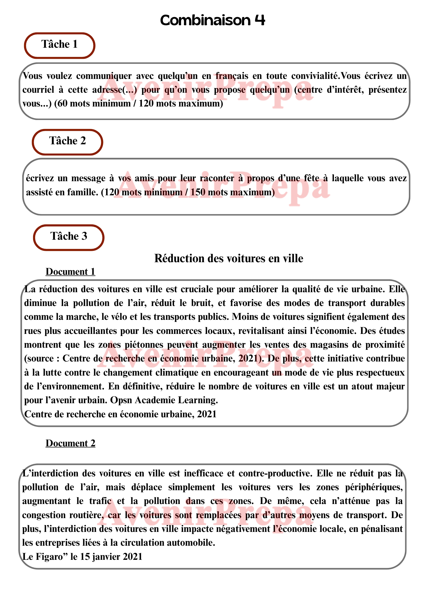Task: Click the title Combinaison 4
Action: point(212,20)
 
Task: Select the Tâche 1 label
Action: point(60,44)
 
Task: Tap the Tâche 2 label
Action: point(68,141)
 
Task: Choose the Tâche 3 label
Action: point(69,236)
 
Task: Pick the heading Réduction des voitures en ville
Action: point(229,258)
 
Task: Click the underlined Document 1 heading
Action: point(70,272)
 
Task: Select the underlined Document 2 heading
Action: point(70,443)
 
